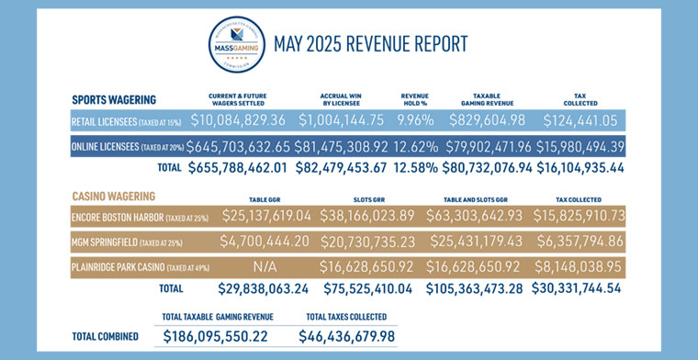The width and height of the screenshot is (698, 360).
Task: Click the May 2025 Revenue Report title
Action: (370, 43)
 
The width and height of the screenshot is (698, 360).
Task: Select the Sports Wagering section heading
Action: (114, 98)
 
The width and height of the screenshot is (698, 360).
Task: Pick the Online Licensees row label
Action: (127, 145)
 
